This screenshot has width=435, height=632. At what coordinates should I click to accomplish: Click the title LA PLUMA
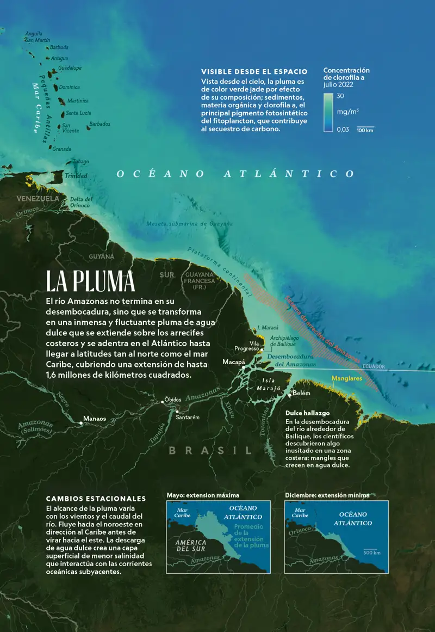coord(90,281)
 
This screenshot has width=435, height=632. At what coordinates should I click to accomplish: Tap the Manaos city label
coord(94,419)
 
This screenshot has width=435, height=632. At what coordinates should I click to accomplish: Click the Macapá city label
coord(234,362)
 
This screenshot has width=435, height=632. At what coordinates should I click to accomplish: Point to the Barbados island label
coord(100,124)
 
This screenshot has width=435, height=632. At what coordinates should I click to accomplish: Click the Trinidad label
coord(76,176)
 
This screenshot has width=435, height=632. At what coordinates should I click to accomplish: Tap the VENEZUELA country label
coord(38,199)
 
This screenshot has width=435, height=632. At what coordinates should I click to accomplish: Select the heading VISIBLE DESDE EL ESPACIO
coord(254,71)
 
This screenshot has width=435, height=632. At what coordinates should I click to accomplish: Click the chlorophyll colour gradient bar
coord(327,112)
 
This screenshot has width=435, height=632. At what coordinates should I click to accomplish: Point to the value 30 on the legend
coord(340,96)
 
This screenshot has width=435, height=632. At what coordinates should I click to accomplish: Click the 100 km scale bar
coord(365,129)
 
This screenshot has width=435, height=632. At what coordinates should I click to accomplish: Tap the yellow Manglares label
coord(346,378)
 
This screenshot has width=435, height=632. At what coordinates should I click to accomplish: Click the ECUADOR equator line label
coord(374,366)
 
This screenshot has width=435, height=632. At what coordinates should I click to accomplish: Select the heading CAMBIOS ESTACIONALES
coord(96,499)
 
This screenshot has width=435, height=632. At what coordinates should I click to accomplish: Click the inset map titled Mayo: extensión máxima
coord(219,537)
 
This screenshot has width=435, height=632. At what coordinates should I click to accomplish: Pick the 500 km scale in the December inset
coord(372,551)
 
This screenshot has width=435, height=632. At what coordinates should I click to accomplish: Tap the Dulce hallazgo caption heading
coord(307,413)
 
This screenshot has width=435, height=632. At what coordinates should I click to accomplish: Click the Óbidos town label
coord(173,400)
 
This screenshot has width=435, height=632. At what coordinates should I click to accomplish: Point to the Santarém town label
coord(188,417)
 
